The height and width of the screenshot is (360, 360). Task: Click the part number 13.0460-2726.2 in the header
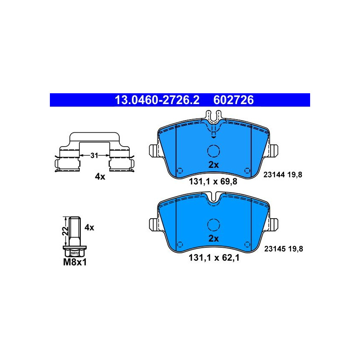157,100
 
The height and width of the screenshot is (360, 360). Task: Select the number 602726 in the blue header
233,100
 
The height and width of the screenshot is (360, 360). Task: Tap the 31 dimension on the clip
94,155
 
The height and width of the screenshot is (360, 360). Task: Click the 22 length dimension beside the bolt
65,231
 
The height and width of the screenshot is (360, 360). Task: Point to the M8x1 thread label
75,262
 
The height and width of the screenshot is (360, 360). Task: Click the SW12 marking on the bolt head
75,253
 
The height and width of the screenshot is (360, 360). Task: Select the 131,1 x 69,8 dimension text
213,182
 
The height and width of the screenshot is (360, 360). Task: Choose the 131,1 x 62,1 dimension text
214,258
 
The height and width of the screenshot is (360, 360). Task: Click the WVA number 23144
274,175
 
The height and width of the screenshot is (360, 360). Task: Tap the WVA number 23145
275,249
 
